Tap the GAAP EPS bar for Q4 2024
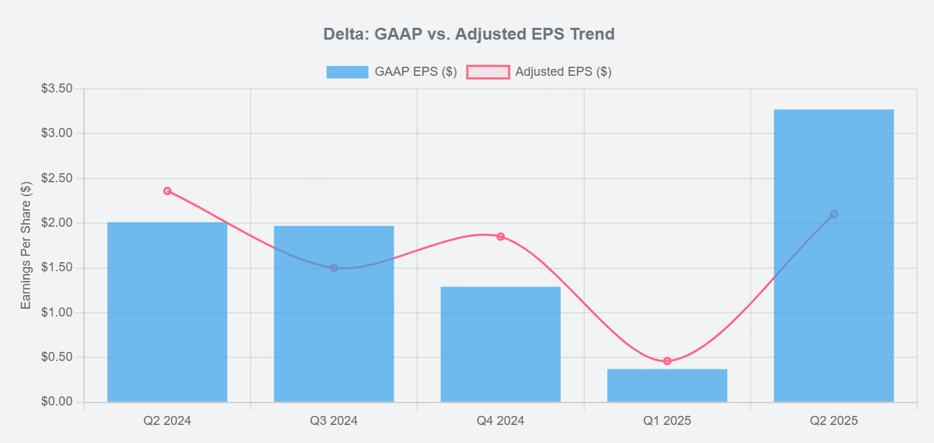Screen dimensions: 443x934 tap(500, 344)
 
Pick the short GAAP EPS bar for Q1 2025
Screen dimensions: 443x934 tap(667, 385)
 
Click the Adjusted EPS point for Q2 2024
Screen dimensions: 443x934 tap(167, 191)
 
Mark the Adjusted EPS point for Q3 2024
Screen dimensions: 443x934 tap(334, 268)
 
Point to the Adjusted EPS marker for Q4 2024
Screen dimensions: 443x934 tap(500, 236)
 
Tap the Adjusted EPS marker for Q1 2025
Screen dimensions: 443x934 tap(667, 361)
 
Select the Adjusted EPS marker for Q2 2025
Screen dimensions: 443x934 tap(834, 214)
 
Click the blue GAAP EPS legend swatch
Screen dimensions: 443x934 tap(347, 72)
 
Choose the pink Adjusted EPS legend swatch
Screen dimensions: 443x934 tap(488, 72)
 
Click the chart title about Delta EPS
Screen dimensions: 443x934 tap(469, 33)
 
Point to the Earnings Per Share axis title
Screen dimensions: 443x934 tap(26, 245)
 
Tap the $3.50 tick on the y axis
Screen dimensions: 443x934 tap(57, 89)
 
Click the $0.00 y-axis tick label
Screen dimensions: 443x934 tap(57, 402)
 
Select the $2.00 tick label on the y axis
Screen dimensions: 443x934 tap(57, 223)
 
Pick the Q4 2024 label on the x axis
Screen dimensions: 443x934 tap(500, 421)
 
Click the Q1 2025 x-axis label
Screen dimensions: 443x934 tap(667, 421)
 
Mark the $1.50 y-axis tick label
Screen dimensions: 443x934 tap(57, 268)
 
